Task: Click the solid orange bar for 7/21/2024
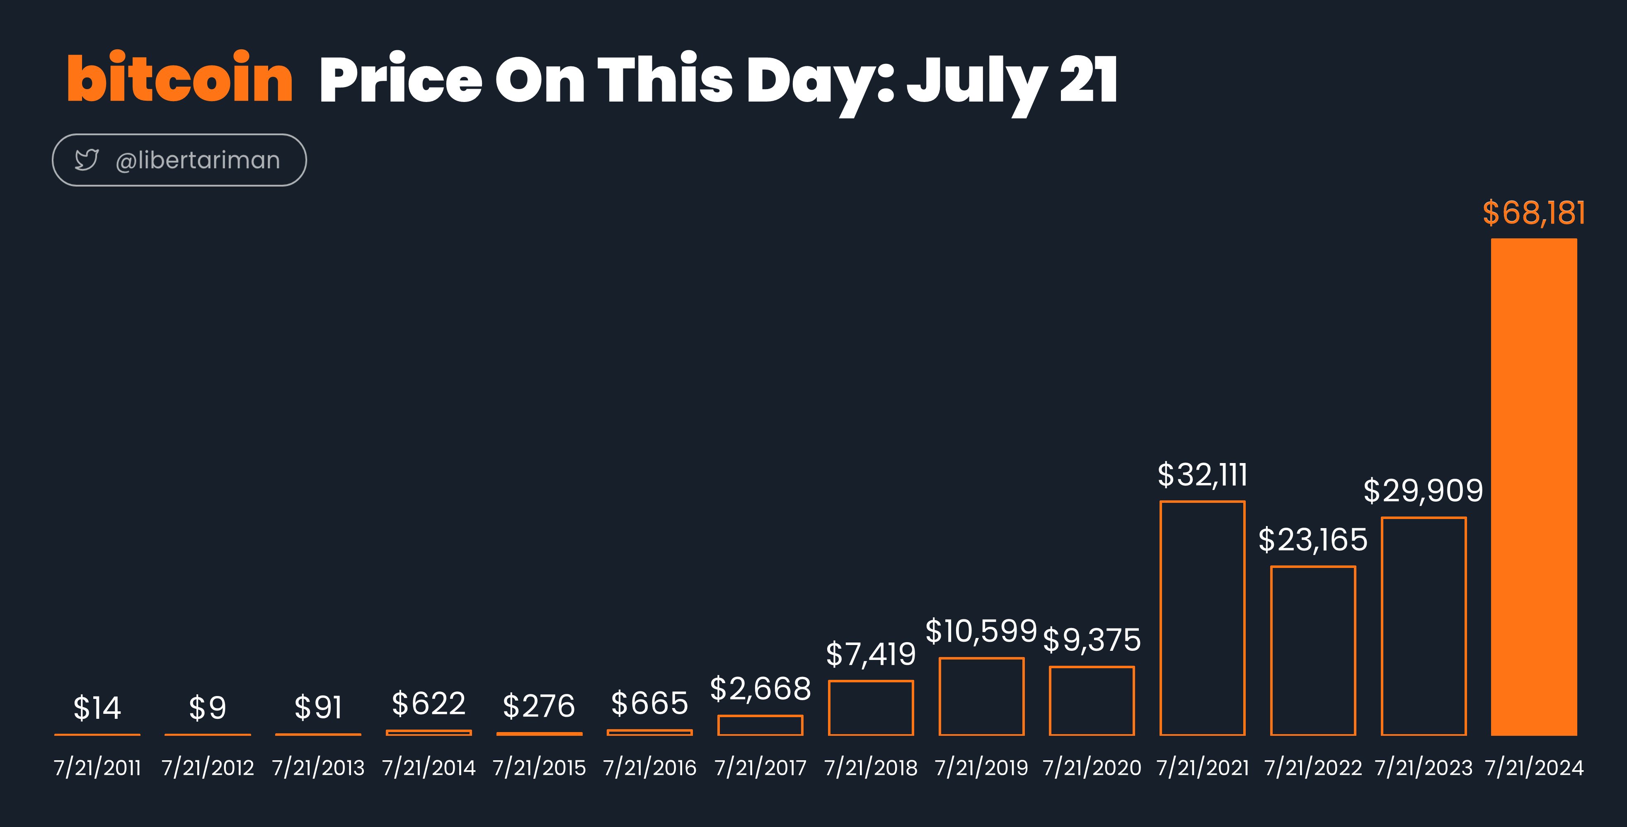click(1533, 487)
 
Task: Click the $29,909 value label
click(1423, 491)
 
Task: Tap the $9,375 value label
click(1092, 640)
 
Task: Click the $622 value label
click(429, 703)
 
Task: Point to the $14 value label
click(97, 708)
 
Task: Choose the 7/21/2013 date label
click(318, 768)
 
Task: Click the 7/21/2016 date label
click(650, 768)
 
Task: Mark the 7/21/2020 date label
click(1092, 768)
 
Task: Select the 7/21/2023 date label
click(1424, 768)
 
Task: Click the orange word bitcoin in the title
click(180, 77)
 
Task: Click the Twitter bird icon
click(87, 160)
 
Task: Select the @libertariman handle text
click(198, 160)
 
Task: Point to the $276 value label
click(539, 706)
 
